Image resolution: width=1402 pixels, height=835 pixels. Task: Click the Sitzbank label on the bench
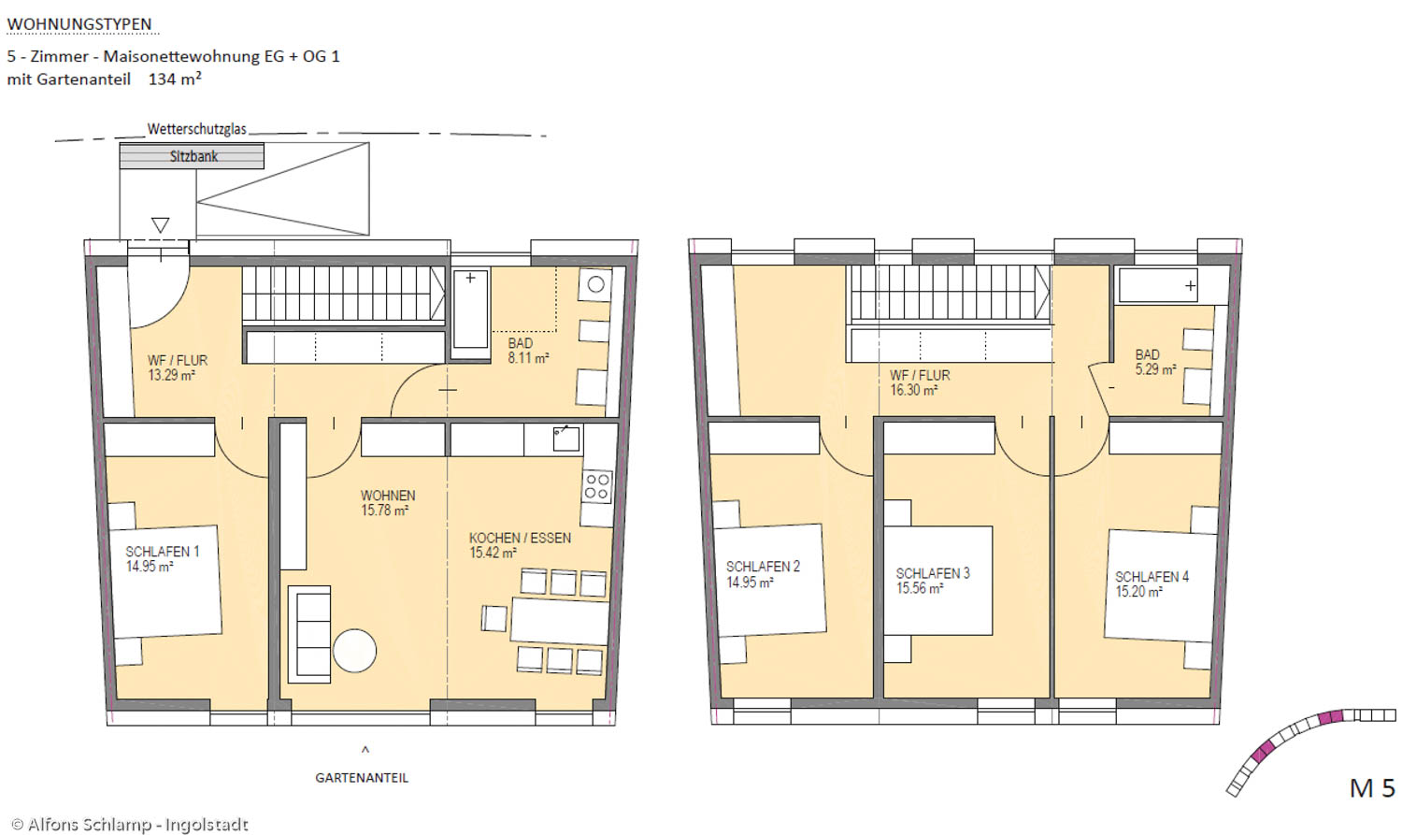coord(193,156)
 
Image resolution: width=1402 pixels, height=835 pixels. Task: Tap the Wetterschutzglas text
coord(196,129)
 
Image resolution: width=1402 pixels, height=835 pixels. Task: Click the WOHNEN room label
coord(388,496)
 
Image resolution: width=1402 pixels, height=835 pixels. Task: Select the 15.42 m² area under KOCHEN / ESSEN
coord(493,553)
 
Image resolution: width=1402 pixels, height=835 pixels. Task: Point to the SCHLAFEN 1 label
coord(162,552)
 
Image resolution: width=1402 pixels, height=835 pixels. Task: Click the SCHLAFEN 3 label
coord(933,573)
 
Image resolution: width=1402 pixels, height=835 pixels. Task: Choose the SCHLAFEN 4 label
coord(1152,577)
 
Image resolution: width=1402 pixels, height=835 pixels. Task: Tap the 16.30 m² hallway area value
coord(914,390)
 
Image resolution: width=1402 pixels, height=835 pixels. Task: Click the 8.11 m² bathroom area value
coord(528,358)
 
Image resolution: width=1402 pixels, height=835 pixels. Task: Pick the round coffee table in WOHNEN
coord(354,651)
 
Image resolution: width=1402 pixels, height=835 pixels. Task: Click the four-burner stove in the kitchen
coord(596,486)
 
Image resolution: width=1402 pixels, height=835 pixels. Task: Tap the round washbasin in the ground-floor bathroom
coord(596,285)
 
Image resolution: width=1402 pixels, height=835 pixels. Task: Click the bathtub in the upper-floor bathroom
coord(1158,285)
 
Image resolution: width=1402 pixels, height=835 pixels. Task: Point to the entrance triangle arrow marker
coord(160,225)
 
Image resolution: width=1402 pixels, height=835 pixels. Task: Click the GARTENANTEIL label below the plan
coord(362,778)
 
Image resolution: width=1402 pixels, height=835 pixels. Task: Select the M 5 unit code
coord(1372,788)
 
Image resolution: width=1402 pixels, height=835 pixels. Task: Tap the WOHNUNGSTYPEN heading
coord(79,24)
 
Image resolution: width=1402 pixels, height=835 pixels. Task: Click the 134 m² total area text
coord(175,79)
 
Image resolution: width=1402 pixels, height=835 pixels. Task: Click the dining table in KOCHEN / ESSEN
coord(560,621)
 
